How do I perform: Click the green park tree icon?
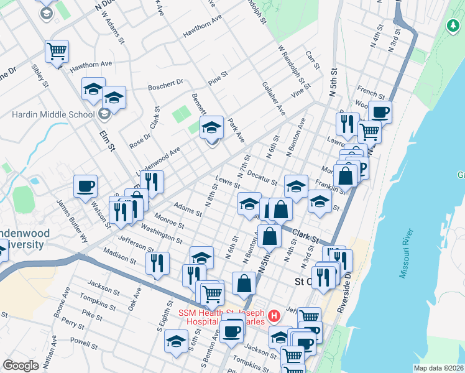453,25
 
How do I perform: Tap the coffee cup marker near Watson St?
85,185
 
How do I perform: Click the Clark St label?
305,236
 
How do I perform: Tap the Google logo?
21,366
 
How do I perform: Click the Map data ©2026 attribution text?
438,368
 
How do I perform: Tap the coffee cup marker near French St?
380,112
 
